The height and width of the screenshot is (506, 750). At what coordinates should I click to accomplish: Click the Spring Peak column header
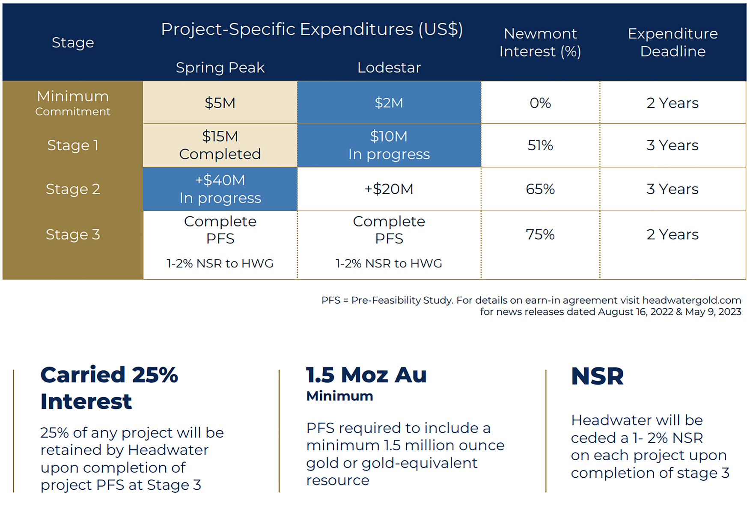tap(220, 68)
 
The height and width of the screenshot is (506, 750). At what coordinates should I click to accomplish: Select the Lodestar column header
tap(389, 68)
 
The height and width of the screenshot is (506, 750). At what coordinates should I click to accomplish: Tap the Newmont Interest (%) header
tap(540, 42)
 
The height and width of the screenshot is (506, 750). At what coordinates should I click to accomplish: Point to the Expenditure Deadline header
tap(673, 42)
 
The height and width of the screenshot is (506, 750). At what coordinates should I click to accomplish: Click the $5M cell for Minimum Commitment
tap(220, 103)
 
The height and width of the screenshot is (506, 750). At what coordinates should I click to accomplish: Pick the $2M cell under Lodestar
tap(389, 103)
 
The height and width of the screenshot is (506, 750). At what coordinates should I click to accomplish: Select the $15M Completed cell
tap(220, 145)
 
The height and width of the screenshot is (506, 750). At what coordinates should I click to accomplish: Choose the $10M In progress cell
tap(389, 145)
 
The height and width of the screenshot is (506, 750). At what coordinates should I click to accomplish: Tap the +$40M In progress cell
tap(220, 189)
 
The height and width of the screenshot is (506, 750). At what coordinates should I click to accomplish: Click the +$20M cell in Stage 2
tap(389, 189)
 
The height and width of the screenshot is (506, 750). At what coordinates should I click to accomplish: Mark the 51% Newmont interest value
tap(540, 145)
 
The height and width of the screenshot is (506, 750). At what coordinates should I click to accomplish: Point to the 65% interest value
tap(540, 189)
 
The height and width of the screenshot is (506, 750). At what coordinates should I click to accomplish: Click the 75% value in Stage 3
tap(540, 234)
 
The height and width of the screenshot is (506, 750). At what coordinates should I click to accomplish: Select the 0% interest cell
tap(540, 103)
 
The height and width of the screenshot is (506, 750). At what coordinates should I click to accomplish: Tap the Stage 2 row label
tap(73, 189)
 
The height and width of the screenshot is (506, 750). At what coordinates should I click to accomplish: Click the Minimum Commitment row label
tap(73, 103)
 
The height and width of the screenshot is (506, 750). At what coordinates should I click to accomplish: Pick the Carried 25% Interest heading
tap(109, 388)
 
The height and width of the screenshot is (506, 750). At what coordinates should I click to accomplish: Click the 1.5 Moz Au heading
tap(366, 375)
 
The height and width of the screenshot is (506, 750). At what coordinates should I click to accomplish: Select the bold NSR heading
tap(597, 376)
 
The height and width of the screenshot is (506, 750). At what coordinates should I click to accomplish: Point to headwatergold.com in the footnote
tap(691, 300)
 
